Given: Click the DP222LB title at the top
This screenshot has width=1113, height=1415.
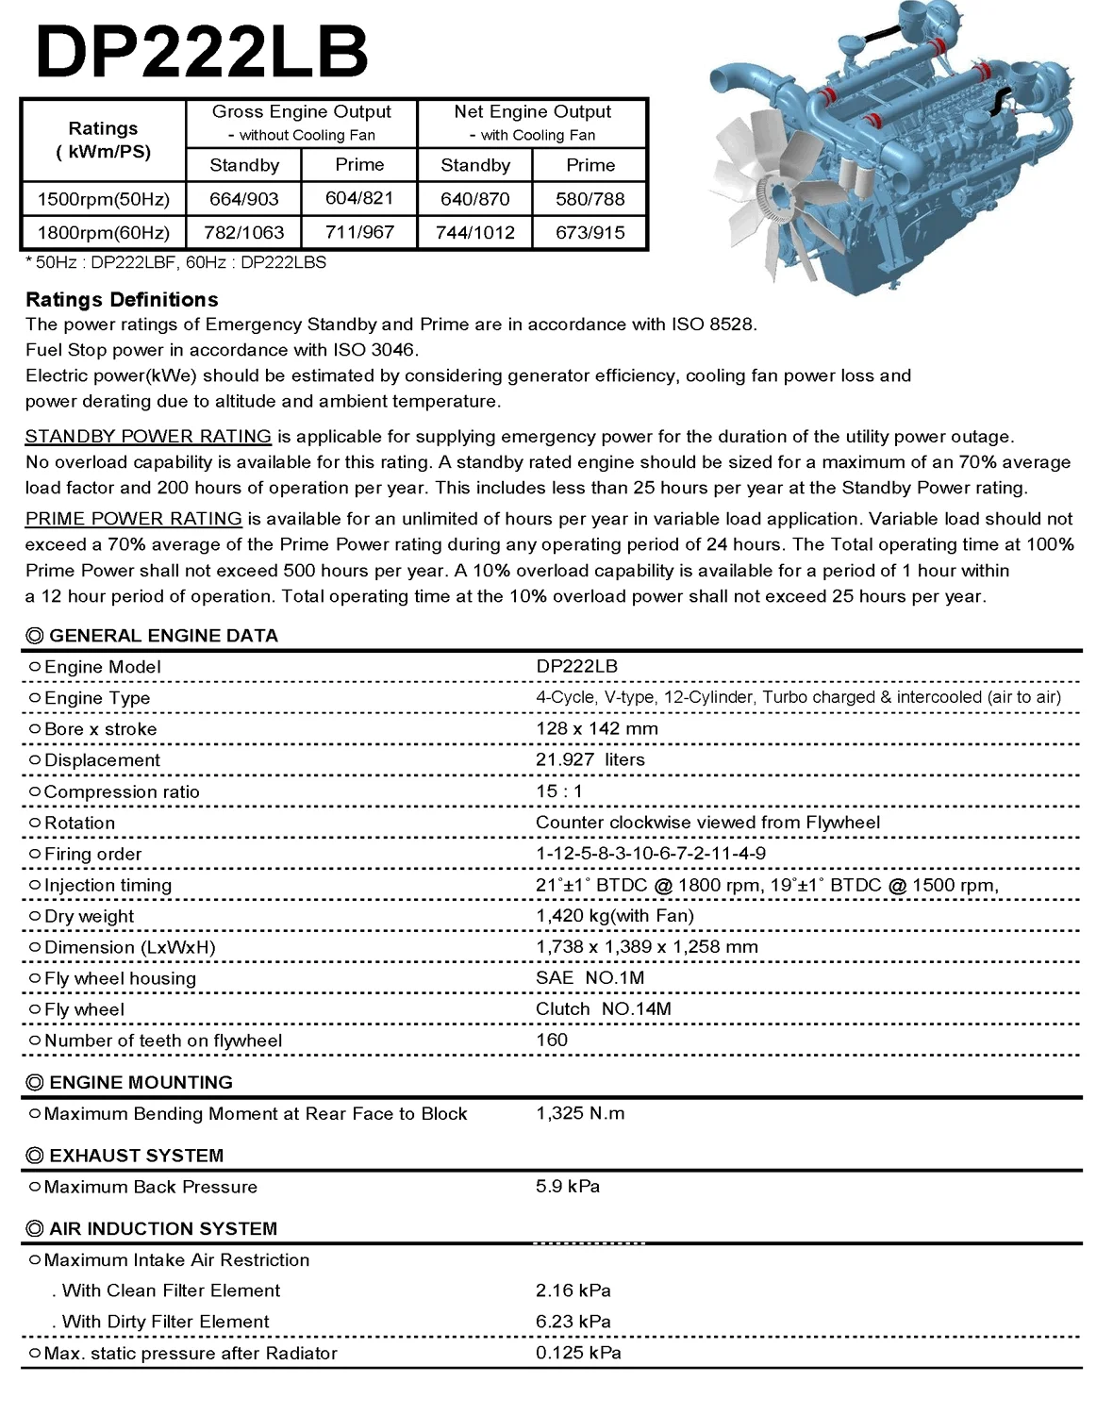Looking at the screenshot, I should (201, 51).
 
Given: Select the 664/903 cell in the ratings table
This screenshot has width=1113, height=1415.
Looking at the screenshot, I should (244, 199).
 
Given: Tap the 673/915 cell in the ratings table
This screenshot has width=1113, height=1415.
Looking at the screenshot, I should (590, 233).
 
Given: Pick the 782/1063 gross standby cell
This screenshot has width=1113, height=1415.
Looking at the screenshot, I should (244, 233).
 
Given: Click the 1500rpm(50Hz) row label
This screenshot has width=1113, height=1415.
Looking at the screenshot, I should (104, 199).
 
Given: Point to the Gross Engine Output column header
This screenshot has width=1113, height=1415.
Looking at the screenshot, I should (302, 112).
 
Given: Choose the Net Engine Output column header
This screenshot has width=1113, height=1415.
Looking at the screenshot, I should (532, 112).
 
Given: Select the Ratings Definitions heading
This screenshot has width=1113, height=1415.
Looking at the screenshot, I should (122, 300).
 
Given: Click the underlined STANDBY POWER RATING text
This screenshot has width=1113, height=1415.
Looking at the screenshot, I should (148, 437).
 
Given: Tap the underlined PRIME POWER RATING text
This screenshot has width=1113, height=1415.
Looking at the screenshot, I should (134, 519).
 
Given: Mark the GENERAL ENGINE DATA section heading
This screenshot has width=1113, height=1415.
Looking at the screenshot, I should (162, 636).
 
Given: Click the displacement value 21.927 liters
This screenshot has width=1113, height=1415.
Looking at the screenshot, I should (590, 760).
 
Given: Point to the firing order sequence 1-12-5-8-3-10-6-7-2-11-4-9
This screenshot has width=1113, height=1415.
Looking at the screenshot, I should (651, 854).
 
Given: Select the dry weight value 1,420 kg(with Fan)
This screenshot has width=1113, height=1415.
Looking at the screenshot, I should (615, 916).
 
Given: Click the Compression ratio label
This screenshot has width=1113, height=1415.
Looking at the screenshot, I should (122, 792).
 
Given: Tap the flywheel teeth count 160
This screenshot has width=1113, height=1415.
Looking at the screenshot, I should (552, 1040).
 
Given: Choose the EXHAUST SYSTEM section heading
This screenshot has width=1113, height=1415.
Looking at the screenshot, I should (136, 1156).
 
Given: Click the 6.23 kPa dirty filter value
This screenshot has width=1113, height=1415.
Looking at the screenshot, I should (573, 1322).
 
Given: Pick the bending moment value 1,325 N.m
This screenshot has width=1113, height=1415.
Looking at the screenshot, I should (580, 1114).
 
